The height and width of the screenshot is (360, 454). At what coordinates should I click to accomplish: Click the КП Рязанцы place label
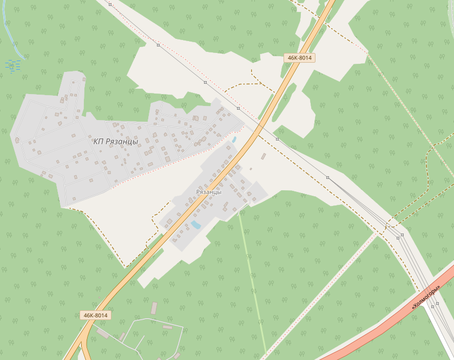pos(116,142)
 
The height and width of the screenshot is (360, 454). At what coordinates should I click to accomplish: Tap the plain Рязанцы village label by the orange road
pos(209,192)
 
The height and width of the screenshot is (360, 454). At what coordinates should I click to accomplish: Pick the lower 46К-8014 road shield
pos(95,315)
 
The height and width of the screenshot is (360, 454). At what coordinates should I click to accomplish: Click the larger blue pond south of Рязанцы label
pos(195,224)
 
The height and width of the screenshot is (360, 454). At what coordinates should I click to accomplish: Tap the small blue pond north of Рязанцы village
pos(234,139)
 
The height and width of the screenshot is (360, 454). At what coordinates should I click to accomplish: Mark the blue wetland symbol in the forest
pos(12,65)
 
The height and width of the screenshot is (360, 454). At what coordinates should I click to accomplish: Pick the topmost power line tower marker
pos(110,4)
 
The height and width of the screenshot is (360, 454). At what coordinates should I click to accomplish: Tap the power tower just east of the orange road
pos(277,139)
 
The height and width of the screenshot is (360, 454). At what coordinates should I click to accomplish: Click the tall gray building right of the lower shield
pos(154,308)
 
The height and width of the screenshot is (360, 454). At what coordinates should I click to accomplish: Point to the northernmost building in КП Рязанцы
pos(84,78)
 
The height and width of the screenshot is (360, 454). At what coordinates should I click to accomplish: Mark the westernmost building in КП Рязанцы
pos(17,141)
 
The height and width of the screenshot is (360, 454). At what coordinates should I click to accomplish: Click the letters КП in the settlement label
pos(98,142)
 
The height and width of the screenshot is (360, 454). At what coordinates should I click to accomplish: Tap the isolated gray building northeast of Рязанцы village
pos(264,156)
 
